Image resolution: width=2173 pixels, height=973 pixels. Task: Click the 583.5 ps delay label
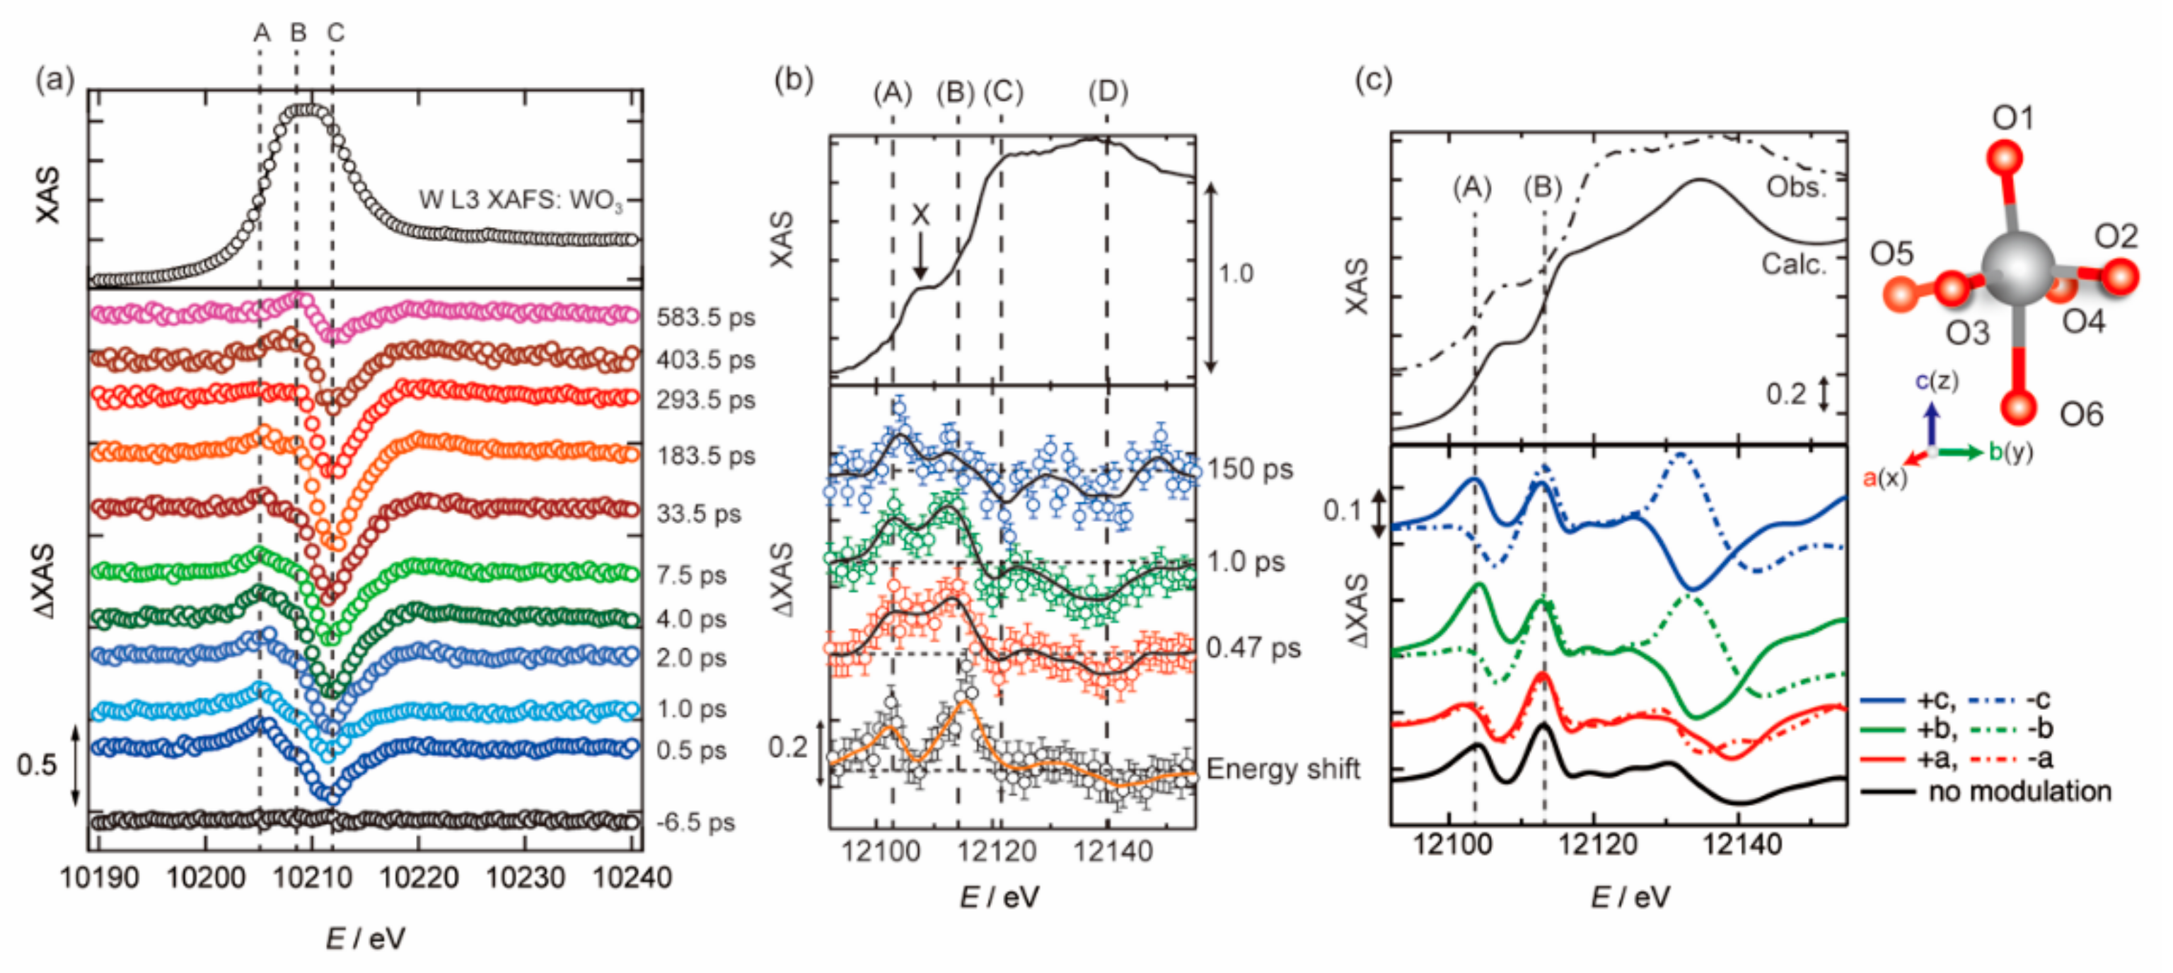click(705, 318)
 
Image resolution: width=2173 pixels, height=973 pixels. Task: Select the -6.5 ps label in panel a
click(696, 822)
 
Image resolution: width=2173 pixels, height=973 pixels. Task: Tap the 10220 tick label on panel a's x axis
click(419, 878)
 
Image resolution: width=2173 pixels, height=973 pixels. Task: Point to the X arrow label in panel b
click(920, 216)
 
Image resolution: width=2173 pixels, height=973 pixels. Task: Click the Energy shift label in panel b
click(1282, 769)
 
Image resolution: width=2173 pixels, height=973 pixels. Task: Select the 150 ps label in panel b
click(1249, 470)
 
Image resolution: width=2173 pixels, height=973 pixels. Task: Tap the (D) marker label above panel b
click(1108, 92)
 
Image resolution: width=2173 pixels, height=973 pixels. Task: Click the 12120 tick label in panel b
click(997, 851)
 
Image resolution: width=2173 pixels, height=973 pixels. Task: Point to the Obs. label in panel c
click(1796, 187)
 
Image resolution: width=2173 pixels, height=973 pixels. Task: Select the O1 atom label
click(2012, 118)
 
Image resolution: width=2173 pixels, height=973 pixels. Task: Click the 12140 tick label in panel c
click(1742, 843)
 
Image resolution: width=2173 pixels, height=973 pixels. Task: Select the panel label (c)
click(1372, 80)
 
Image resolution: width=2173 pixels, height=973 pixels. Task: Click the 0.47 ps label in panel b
click(1253, 648)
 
